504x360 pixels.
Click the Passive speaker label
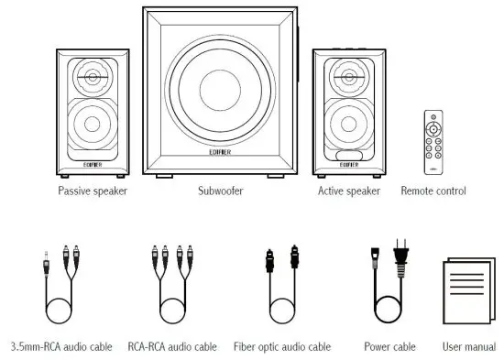point(92,191)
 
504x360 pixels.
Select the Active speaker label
point(348,191)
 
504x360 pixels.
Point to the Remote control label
point(433,191)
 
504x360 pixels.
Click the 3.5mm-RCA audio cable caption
point(61,347)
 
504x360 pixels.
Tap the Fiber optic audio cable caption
point(282,347)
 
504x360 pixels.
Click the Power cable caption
point(391,347)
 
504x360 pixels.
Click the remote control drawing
point(433,142)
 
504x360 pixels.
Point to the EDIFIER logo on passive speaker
point(92,164)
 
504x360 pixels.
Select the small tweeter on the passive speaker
point(92,77)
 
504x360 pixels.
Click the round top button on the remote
point(433,123)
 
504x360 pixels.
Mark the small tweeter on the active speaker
point(347,77)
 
